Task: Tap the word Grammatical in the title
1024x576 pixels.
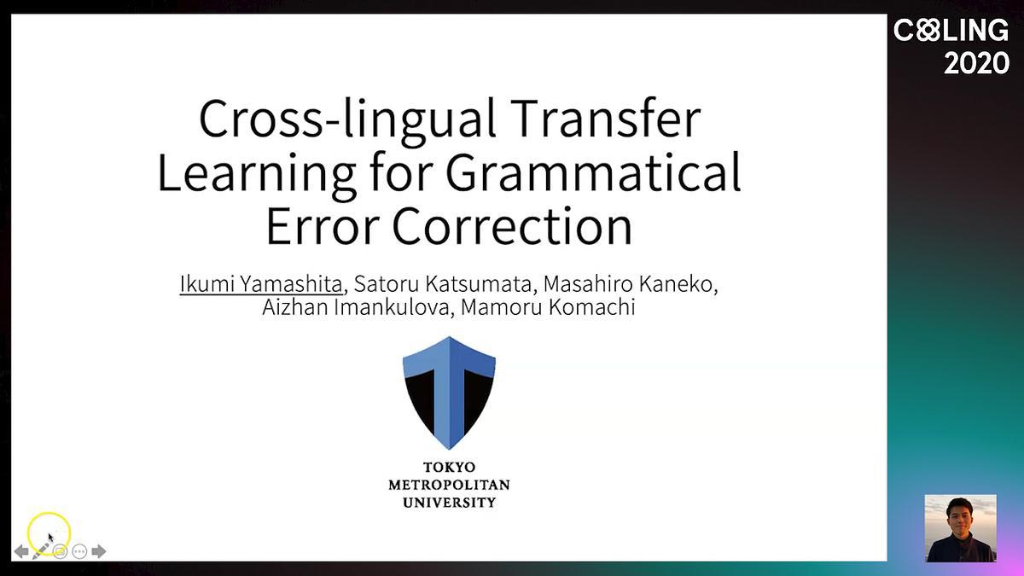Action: point(593,172)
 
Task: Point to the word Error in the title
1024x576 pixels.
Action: point(323,226)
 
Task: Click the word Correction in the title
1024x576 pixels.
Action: point(513,226)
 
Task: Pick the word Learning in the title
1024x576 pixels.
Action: point(257,176)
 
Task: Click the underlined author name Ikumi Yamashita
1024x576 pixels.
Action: point(261,284)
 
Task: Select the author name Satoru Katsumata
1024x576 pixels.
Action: point(443,284)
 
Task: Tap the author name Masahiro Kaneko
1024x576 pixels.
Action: point(630,284)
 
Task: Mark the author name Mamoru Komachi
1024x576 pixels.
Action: point(548,306)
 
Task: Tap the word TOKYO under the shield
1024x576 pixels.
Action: point(450,468)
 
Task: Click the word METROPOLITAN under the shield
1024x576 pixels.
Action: point(449,485)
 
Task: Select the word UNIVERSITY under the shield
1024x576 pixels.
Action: point(449,503)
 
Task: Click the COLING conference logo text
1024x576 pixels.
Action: point(951,31)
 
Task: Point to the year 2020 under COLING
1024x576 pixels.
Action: point(976,63)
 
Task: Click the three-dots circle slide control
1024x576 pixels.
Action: point(79,551)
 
